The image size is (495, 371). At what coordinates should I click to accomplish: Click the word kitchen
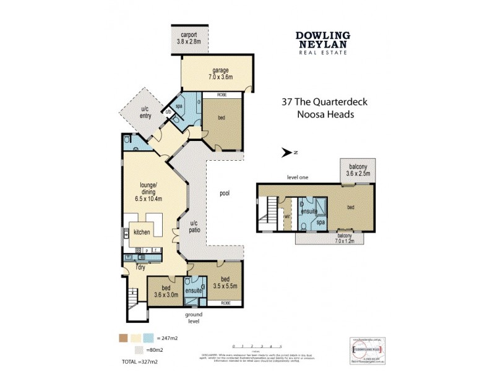point(142,232)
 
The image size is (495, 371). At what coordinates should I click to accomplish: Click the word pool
point(224,194)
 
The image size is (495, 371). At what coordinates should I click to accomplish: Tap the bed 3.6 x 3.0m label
point(165,292)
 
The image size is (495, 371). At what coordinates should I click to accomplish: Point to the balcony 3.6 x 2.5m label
point(358,170)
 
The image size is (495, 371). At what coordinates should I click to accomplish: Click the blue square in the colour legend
point(148,338)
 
